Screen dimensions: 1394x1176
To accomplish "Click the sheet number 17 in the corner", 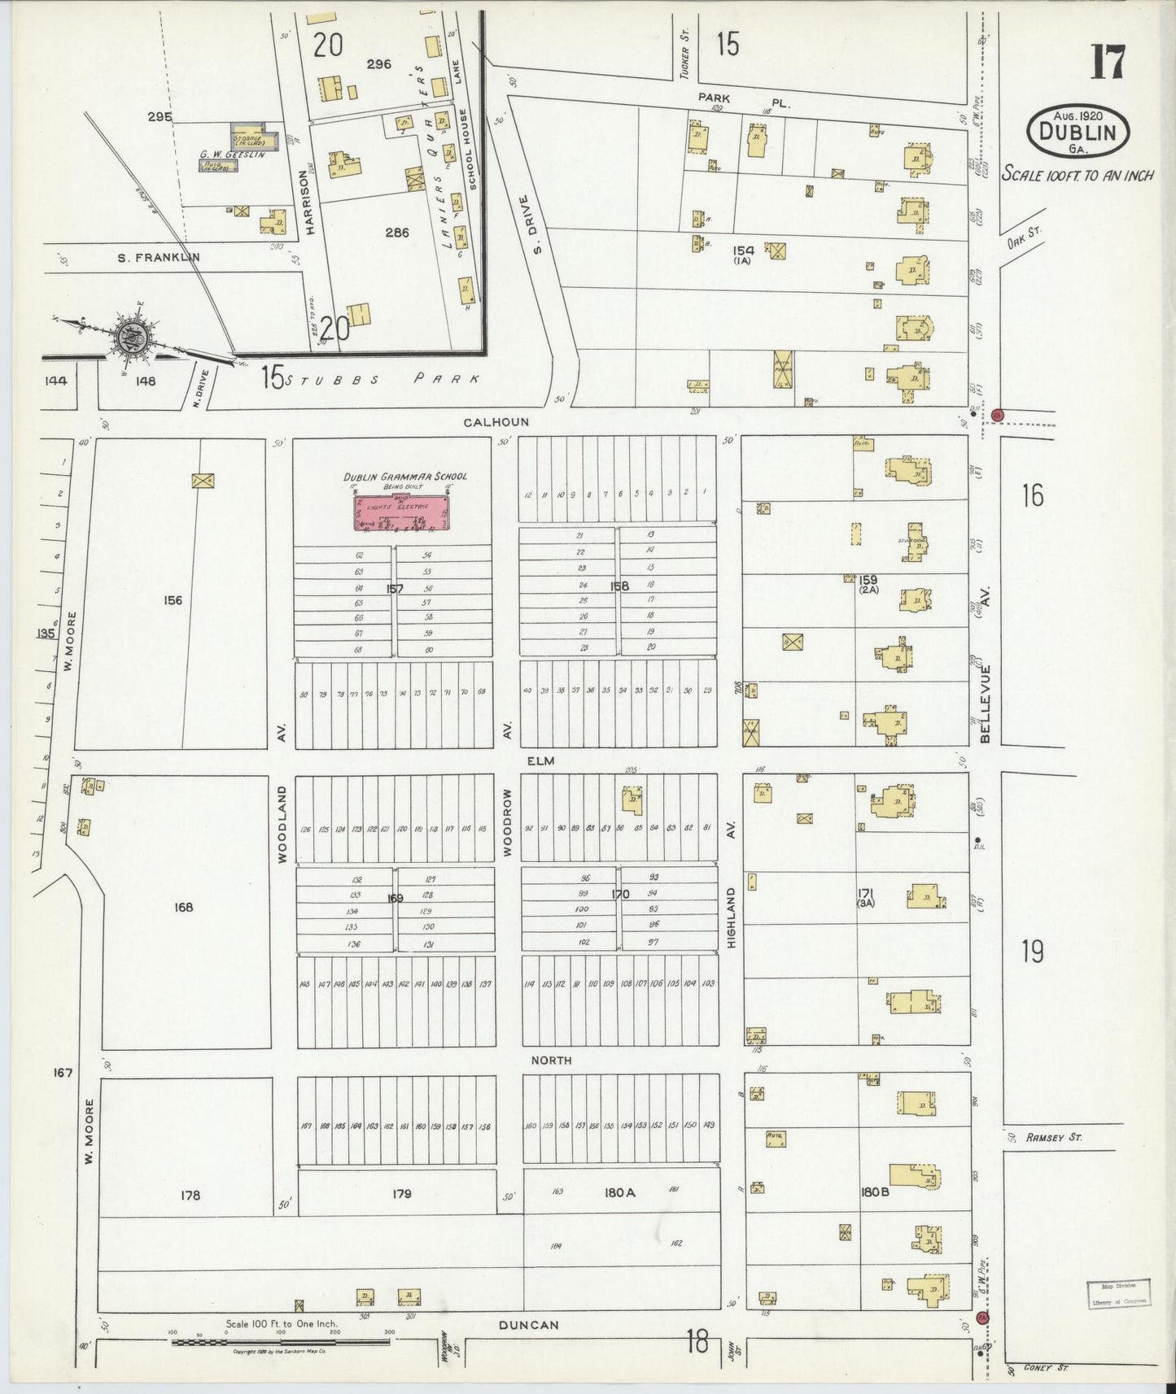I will click(1108, 63).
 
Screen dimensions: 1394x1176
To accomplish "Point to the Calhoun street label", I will click(496, 422).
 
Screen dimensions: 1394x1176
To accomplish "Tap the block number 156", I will click(173, 600).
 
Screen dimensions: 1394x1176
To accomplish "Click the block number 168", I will click(184, 907).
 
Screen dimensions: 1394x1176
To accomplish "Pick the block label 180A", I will click(619, 1192).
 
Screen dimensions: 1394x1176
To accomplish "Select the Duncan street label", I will click(529, 1325).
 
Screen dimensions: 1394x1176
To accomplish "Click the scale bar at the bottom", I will click(281, 1341).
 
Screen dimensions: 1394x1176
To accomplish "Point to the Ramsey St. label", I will click(1053, 1137).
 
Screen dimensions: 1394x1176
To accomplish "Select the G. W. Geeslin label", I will click(232, 154).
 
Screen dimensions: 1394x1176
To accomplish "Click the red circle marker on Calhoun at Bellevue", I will click(998, 416).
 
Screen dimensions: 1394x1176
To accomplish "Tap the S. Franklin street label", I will click(159, 257).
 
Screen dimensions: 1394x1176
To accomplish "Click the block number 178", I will click(190, 1195).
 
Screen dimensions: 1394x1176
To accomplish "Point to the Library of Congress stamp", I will click(1118, 1292).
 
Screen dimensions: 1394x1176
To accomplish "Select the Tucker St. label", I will click(684, 63).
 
